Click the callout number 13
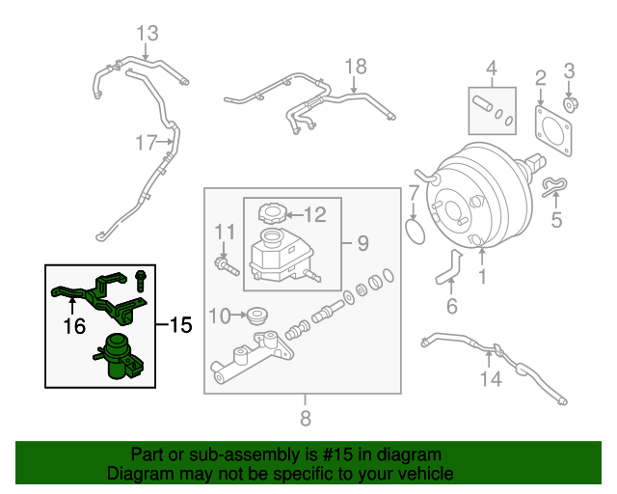coord(146,35)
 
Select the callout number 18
coord(356,66)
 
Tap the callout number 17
coord(146,143)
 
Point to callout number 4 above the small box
coord(491,69)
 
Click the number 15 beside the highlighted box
coord(180,325)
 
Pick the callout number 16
coord(73,328)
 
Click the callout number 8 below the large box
coord(306,418)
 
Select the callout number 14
coord(492,379)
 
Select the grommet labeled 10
coord(257,315)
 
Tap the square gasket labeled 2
coord(553,128)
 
